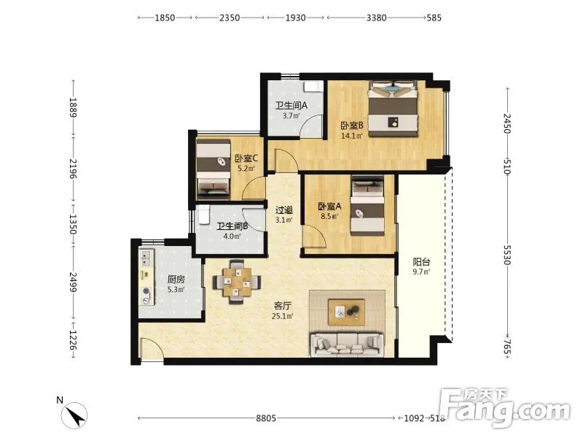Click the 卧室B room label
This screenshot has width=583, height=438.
coord(351,126)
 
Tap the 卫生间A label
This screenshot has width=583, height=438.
coord(291,106)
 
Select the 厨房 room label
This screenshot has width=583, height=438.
coord(176,280)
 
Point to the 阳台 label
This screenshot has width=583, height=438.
coord(421,262)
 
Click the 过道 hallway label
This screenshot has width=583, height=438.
coord(283,210)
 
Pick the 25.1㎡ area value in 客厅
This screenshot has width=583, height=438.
coord(282,316)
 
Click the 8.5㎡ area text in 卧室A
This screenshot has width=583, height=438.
coord(329,215)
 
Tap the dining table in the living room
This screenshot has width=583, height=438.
coord(236,282)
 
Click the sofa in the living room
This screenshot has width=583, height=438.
coord(347,344)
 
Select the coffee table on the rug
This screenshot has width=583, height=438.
coord(346,312)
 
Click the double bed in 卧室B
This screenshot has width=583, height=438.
coord(393,108)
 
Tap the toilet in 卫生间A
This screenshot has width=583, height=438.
coord(313,86)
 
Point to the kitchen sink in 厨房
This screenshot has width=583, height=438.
coord(146,258)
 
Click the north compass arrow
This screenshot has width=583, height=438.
coord(77,415)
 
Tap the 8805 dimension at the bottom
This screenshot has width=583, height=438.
coord(266,418)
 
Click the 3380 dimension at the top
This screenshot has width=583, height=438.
coord(376,18)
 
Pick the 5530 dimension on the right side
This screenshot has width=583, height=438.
coord(507,255)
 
